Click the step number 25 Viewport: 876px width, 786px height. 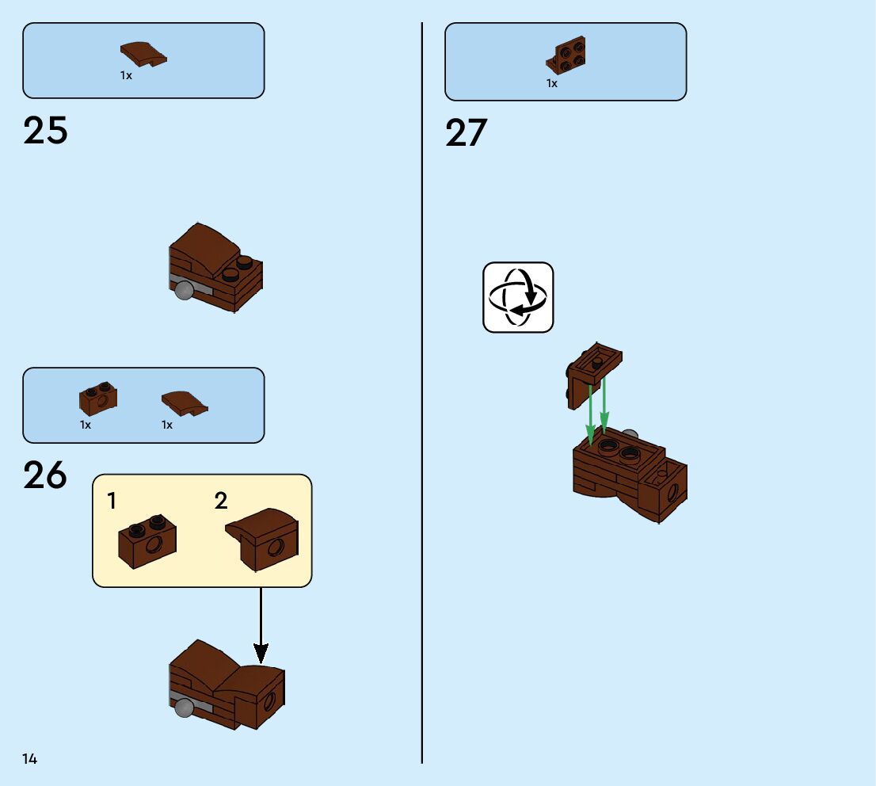click(45, 131)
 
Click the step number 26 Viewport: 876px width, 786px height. click(45, 476)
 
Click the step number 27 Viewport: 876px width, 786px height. click(466, 133)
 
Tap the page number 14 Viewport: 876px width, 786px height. click(29, 759)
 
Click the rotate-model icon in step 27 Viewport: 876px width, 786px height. click(518, 297)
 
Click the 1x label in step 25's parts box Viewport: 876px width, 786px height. click(126, 75)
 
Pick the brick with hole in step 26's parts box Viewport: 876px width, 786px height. click(98, 399)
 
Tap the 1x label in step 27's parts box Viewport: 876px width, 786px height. click(552, 83)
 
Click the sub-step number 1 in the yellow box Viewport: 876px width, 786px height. click(112, 501)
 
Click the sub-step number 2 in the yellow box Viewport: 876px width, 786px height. click(221, 501)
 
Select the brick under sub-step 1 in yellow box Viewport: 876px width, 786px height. click(147, 541)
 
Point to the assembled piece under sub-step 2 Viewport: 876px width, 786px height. click(262, 540)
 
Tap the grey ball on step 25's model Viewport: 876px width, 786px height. click(185, 291)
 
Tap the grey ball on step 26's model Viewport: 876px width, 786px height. click(185, 708)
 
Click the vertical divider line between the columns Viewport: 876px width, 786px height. click(422, 396)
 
